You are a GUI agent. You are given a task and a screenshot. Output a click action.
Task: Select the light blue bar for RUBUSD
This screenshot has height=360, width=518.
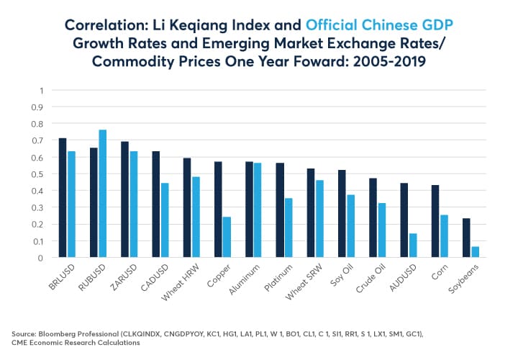click(102, 194)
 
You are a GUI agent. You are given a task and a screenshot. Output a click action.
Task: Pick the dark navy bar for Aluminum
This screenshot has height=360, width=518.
click(249, 210)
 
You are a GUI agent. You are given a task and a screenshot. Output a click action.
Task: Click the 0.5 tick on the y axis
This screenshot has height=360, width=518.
click(38, 174)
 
